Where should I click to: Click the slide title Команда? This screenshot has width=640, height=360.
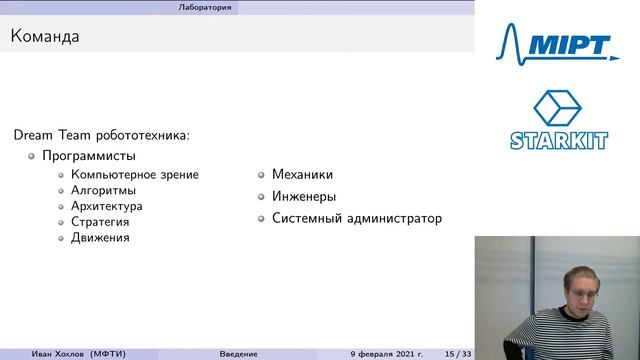click(45, 38)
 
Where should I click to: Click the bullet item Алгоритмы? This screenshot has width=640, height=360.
click(103, 190)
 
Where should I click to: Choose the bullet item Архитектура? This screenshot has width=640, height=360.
click(106, 206)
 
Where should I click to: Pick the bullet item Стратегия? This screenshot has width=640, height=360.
click(100, 222)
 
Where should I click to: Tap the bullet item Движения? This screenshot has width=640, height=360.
click(100, 238)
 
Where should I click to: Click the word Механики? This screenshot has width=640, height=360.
click(302, 174)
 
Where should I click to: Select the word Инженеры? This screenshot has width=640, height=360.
click(304, 196)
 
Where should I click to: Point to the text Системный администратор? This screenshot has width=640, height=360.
click(356, 218)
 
